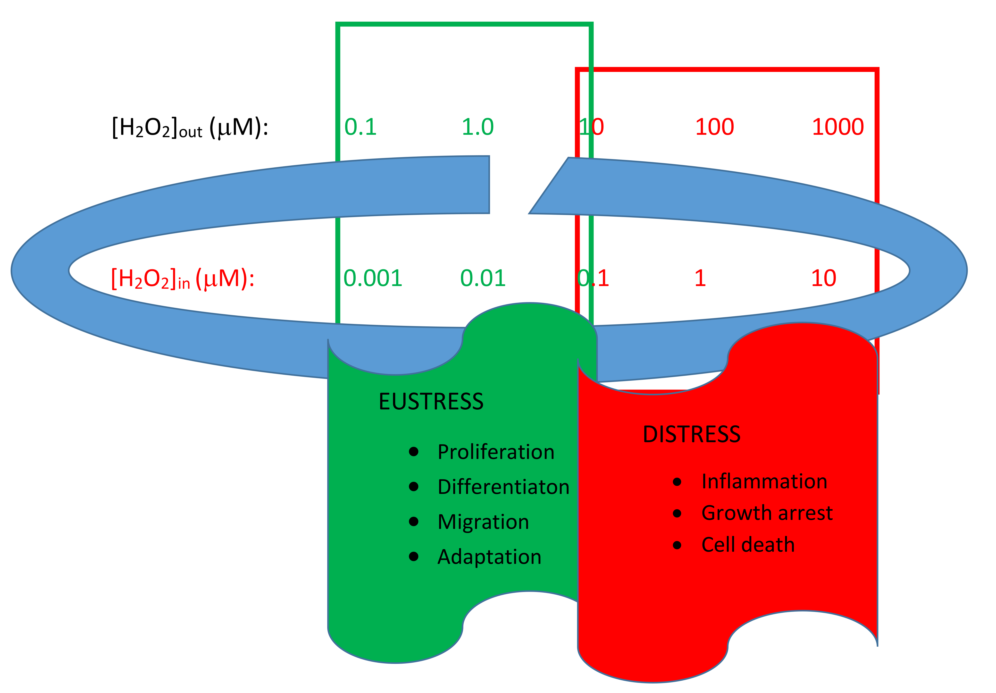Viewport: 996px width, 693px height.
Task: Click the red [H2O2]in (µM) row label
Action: click(x=183, y=279)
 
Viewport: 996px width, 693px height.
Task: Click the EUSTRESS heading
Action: click(x=431, y=401)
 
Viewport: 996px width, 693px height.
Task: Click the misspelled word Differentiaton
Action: click(x=503, y=487)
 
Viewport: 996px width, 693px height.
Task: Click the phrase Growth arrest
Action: click(x=767, y=513)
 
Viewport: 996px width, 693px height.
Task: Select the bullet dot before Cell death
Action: click(x=677, y=545)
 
